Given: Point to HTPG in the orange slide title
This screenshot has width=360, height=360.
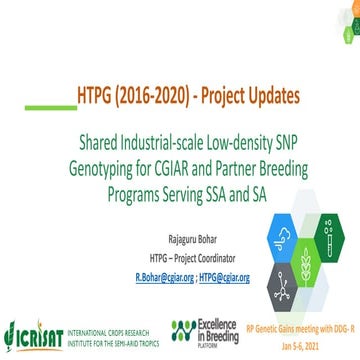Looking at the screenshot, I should [x=97, y=97].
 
